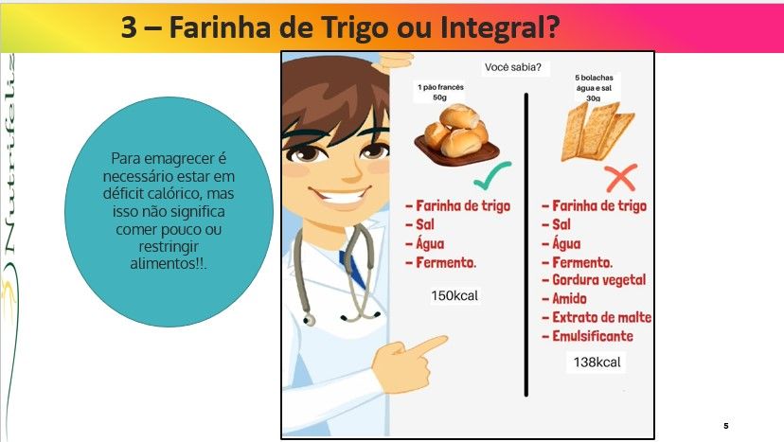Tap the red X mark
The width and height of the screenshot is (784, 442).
(x=620, y=178)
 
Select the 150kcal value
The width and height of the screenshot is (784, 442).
(x=454, y=295)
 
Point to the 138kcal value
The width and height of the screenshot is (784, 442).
(x=597, y=362)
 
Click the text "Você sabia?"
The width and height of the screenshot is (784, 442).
(x=513, y=67)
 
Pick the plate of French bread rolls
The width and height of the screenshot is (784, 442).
(x=456, y=135)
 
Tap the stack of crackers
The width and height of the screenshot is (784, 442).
(x=597, y=132)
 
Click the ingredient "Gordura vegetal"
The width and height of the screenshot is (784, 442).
(x=599, y=280)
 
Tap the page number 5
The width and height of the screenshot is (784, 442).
(x=726, y=426)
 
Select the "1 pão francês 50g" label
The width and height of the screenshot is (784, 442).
(x=440, y=92)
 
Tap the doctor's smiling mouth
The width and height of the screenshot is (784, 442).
(x=341, y=196)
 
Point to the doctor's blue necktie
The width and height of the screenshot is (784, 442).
(x=353, y=268)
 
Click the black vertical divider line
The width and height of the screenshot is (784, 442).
(x=526, y=244)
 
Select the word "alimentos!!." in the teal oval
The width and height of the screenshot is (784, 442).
(x=169, y=263)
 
